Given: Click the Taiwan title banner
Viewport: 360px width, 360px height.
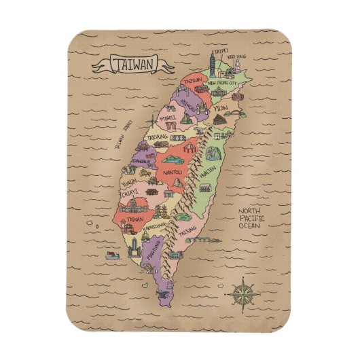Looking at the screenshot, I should tap(132, 65).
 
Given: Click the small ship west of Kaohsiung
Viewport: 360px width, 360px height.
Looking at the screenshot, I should tap(112, 255).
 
